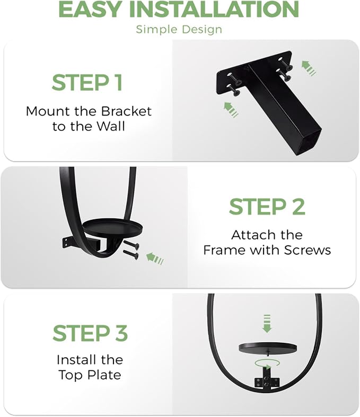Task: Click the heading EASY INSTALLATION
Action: [178, 10]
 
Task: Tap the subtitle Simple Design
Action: [179, 29]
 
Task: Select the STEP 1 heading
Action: [87, 83]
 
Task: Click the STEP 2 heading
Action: [267, 207]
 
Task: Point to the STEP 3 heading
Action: [90, 333]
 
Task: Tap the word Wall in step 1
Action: [111, 126]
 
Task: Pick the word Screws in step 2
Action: [308, 250]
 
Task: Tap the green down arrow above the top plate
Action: [267, 324]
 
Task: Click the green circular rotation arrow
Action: [267, 363]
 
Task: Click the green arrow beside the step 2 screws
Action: [155, 259]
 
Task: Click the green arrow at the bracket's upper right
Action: [309, 68]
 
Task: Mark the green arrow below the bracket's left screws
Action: [231, 110]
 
